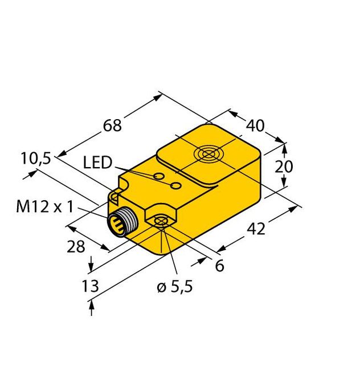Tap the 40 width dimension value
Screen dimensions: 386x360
point(255,125)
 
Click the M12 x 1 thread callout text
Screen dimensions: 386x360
point(44,206)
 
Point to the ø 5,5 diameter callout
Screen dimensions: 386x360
point(174,287)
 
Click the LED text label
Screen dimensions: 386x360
point(97,164)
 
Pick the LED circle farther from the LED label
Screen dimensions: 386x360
point(177,186)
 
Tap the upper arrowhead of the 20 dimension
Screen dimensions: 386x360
point(283,145)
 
